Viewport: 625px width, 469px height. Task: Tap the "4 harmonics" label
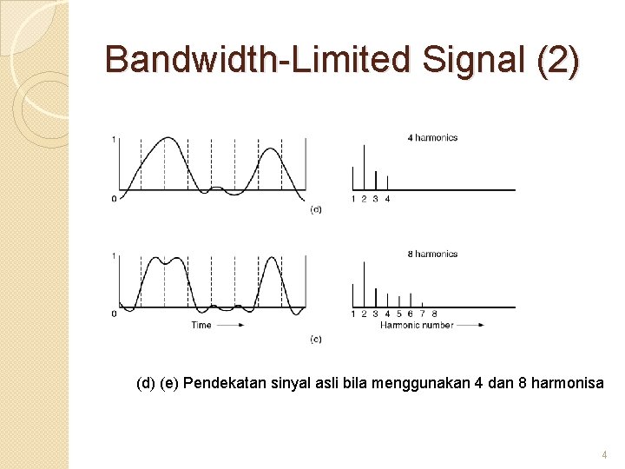click(x=431, y=137)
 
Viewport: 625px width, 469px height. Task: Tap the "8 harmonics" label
click(x=431, y=254)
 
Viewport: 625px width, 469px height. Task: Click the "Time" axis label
click(x=201, y=325)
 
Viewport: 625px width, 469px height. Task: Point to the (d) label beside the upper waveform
click(x=316, y=209)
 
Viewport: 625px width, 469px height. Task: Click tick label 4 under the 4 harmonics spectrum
click(x=387, y=199)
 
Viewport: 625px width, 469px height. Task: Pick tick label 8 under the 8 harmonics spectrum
click(x=434, y=314)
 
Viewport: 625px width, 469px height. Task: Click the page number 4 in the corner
click(x=605, y=455)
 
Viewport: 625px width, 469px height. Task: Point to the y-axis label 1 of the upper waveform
click(x=114, y=139)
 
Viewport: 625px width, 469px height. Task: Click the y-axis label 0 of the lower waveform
click(x=114, y=314)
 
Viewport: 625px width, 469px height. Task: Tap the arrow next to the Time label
click(x=230, y=325)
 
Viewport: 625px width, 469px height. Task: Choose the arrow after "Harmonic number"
click(x=470, y=325)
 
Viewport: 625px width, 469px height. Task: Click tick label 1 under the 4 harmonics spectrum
click(x=352, y=199)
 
